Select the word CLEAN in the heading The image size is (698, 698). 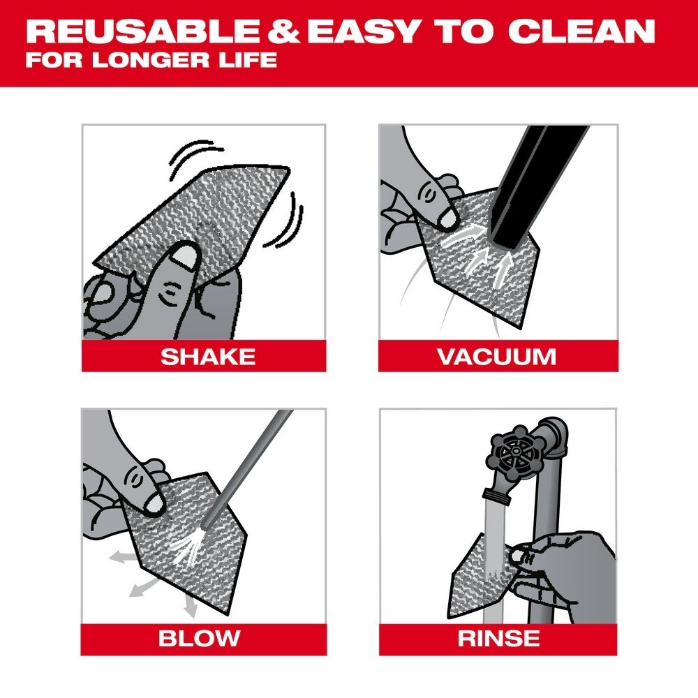click(581, 31)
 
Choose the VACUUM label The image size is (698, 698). click(497, 356)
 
